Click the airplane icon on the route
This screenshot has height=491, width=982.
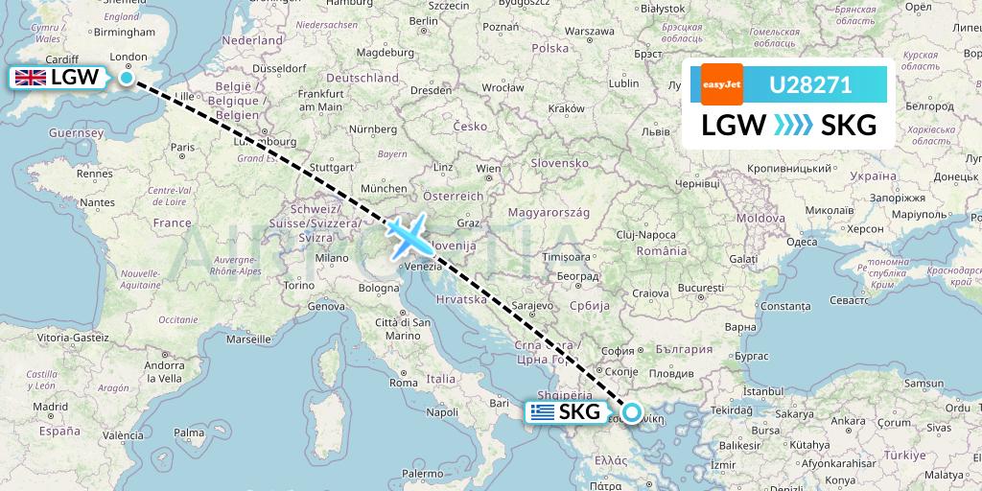coord(409,235)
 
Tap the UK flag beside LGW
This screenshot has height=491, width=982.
coord(31,78)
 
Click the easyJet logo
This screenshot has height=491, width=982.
coord(721,84)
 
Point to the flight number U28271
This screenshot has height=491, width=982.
coord(810,84)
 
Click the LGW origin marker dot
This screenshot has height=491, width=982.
coord(127,77)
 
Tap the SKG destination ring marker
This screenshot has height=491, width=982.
coord(632,413)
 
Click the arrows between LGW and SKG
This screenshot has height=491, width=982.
coord(791,125)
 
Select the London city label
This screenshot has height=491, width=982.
coord(129,58)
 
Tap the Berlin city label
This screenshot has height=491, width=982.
coord(423,21)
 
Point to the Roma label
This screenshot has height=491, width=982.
coord(404,383)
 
